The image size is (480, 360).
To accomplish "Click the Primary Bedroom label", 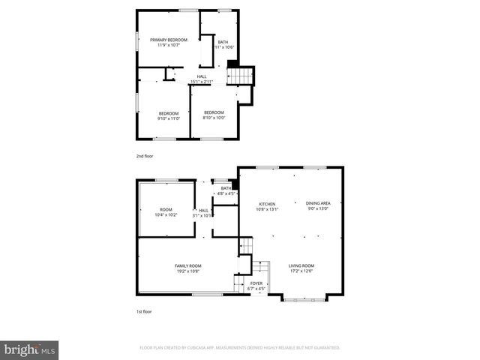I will [168, 42].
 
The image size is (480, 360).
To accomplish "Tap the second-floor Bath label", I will [223, 45].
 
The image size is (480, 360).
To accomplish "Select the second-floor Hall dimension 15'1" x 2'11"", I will [202, 82].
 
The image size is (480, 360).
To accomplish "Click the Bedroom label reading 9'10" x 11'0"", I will [168, 115].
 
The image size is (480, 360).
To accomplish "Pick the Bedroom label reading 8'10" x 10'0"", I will [214, 115].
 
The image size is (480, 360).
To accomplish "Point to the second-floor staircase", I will [239, 76].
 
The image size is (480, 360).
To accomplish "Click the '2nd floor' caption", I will [144, 157].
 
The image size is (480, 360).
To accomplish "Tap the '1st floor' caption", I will [143, 310].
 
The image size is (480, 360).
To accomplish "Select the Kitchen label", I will [268, 206].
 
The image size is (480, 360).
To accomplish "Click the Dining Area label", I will [318, 206].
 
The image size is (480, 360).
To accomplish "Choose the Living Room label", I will [302, 268].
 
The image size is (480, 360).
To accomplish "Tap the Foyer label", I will [256, 286].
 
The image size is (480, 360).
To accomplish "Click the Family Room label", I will [187, 268].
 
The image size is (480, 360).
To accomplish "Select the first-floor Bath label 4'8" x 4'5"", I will [226, 191].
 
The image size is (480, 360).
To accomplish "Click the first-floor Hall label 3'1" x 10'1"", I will [203, 213].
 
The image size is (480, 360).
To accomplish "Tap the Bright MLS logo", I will [30, 349].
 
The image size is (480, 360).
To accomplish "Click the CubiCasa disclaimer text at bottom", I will [240, 348].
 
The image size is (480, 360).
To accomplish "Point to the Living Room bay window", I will [304, 299].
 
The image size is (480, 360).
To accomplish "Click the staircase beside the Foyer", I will [260, 268].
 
